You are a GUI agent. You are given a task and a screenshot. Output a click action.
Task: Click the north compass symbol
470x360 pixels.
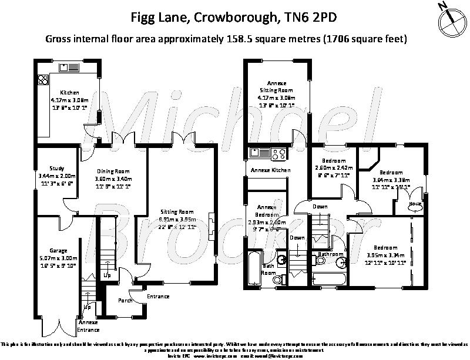pos(449,18)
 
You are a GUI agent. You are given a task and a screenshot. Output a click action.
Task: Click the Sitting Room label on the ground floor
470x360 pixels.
pos(177,211)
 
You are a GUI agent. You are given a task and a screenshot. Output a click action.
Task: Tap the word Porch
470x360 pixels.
pos(125,301)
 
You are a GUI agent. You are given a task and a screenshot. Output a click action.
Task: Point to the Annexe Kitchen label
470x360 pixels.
pos(270,170)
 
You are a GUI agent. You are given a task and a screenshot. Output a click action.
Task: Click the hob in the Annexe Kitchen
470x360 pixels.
pos(278,154)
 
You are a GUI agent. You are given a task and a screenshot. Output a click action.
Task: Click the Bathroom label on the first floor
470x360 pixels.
pos(330,254)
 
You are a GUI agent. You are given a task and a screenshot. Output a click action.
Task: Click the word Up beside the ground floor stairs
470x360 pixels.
pos(107,275)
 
